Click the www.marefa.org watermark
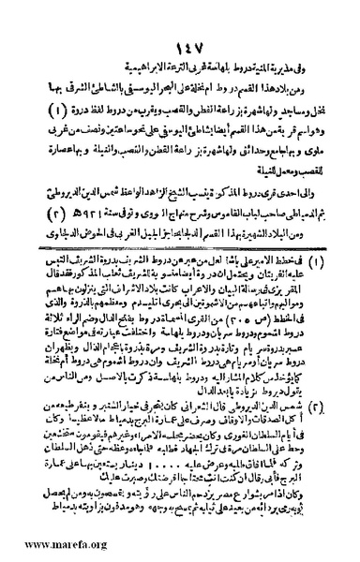pos(41,548)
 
